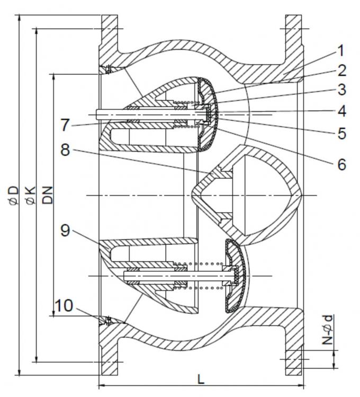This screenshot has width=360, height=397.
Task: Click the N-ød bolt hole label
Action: coord(329,331)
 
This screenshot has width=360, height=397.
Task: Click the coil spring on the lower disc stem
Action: coord(206,276)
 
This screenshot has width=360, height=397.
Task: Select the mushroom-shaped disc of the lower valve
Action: coord(233,276)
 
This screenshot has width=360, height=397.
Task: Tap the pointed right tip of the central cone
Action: coord(300,196)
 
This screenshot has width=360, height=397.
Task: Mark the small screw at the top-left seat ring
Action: coord(108,69)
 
